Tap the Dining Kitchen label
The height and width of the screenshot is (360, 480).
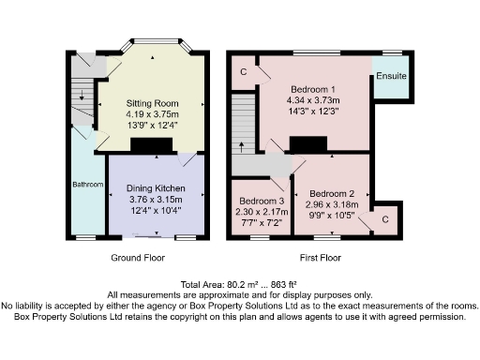tap(157, 187)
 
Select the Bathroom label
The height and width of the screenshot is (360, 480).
tap(88, 185)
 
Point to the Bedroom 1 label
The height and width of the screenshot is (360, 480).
tap(314, 86)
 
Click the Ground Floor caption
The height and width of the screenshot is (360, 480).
tap(140, 258)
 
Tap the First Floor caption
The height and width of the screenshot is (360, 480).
tap(321, 258)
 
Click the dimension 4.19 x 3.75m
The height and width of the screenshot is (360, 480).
tap(153, 112)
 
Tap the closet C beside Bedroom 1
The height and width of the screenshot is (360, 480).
tap(244, 71)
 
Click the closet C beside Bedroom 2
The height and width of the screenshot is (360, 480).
tap(385, 218)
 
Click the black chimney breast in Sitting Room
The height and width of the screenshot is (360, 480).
tap(152, 145)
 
